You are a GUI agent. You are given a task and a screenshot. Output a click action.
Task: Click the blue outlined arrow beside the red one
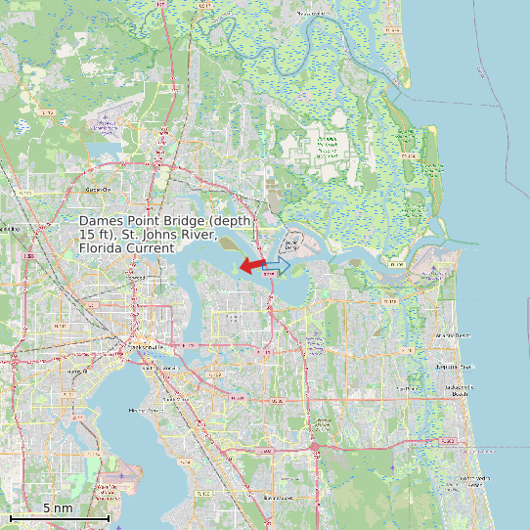coord(278,265)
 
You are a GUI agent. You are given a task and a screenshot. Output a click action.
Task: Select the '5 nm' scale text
coord(57,508)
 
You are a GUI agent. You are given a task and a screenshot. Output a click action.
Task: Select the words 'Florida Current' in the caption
coord(126,248)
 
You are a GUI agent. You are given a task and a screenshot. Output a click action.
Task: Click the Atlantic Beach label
coord(452,335)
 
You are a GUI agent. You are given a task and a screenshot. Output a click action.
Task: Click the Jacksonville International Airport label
coord(106,124)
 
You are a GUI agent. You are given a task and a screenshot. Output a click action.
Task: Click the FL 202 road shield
coord(447,442)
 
